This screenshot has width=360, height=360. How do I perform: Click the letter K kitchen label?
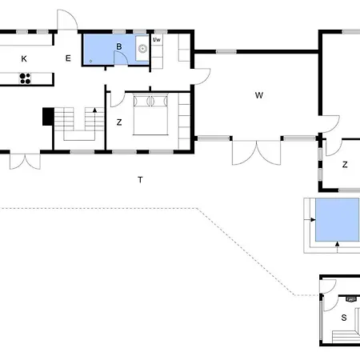(24, 58)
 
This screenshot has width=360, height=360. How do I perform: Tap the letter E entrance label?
(68, 58)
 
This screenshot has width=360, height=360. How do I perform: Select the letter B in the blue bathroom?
(119, 46)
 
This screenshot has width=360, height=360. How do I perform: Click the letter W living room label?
(259, 95)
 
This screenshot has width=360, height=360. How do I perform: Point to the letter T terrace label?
(140, 180)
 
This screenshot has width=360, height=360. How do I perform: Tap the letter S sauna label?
(344, 318)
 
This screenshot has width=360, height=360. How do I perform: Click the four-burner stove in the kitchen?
(25, 78)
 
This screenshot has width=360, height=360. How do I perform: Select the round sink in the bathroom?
(143, 49)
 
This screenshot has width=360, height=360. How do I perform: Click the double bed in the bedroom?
(150, 114)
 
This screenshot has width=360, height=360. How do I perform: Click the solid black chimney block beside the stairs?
(48, 117)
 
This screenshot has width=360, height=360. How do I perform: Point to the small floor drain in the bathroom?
(90, 61)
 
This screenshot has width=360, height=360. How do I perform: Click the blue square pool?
(338, 219)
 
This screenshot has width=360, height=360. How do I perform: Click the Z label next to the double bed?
(119, 122)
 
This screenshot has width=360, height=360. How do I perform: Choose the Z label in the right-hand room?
(345, 165)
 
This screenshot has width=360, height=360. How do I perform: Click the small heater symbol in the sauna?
(351, 299)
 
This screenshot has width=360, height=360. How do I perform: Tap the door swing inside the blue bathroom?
(120, 58)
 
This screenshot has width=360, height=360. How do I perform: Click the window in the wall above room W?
(226, 51)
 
